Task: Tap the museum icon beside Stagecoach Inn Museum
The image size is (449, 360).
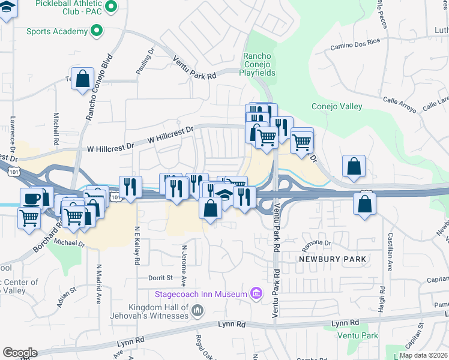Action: coord(256,293)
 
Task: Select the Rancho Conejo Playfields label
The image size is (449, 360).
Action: coord(259,65)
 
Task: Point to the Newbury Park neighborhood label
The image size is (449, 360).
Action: coord(333,259)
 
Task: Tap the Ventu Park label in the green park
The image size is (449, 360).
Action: coord(358,335)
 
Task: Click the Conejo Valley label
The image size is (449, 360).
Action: coord(337,107)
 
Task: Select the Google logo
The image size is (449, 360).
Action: coord(20,353)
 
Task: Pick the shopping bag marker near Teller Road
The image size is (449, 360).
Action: coord(83,78)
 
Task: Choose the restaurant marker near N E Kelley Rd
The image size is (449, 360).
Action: coord(130,187)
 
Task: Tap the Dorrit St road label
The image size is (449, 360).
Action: coord(160,278)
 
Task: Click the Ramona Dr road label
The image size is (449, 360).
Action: coord(316,243)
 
